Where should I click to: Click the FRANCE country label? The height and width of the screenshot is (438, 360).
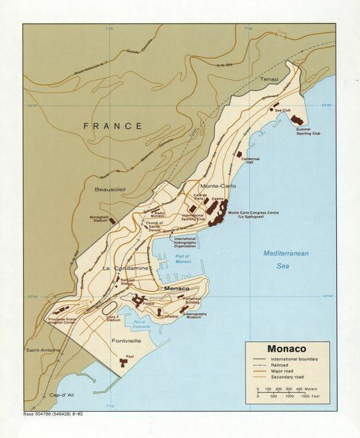pyautogui.click(x=113, y=126)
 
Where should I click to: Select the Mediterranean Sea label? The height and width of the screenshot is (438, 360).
pyautogui.click(x=286, y=259)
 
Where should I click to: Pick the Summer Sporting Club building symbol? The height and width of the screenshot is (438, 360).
pyautogui.click(x=297, y=120)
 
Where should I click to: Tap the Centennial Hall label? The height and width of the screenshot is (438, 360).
pyautogui.click(x=250, y=160)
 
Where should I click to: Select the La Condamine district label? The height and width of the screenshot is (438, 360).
pyautogui.click(x=126, y=268)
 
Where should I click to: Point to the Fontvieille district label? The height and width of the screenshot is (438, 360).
pyautogui.click(x=127, y=341)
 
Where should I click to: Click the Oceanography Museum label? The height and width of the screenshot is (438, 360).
pyautogui.click(x=195, y=316)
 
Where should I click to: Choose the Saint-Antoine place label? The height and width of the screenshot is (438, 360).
pyautogui.click(x=43, y=350)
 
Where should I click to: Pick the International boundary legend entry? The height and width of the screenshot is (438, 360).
pyautogui.click(x=288, y=360)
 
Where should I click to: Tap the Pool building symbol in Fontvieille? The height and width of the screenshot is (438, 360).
pyautogui.click(x=123, y=363)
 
